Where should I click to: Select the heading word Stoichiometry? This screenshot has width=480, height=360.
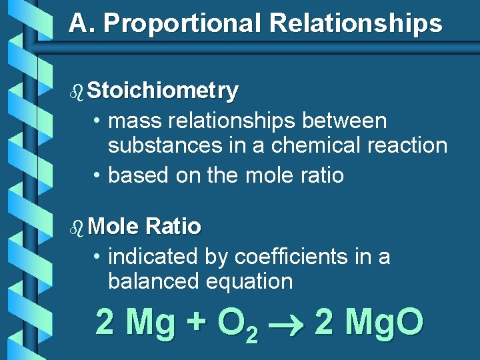pyautogui.click(x=162, y=91)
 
